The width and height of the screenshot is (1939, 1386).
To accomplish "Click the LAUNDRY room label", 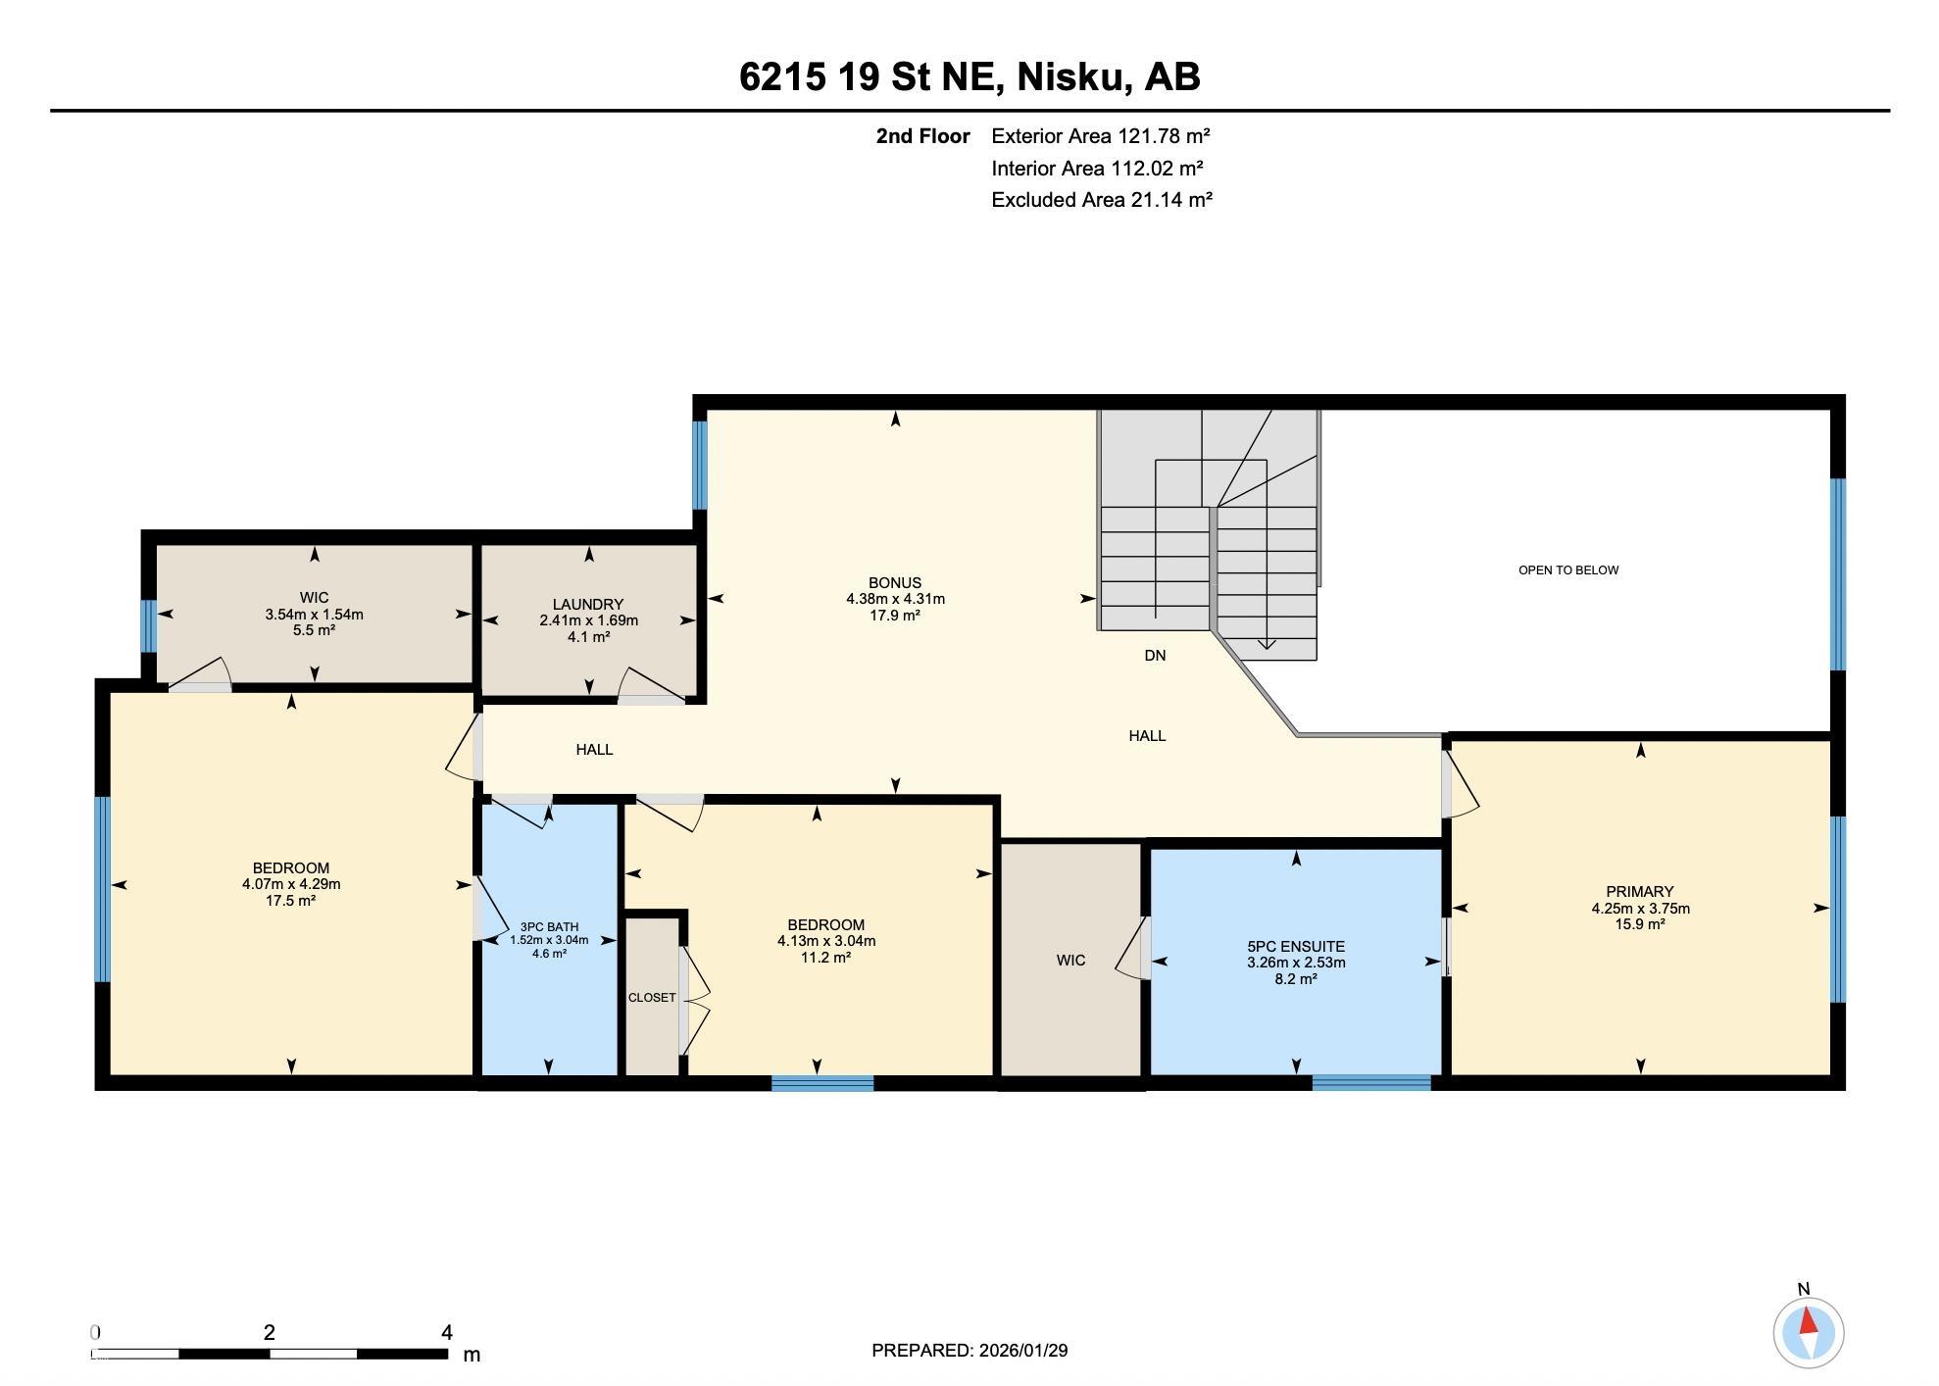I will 588,604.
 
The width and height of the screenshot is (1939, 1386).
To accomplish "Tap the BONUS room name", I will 894,582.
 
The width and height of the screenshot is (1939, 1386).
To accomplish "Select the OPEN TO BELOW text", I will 1567,570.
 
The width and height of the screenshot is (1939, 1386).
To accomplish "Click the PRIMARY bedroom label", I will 1639,891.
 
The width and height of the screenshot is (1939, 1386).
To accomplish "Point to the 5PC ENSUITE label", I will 1295,946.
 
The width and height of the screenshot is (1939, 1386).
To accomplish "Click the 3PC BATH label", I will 549,926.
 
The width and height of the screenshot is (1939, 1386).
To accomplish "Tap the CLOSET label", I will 652,997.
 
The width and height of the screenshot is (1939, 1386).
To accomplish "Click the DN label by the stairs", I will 1155,655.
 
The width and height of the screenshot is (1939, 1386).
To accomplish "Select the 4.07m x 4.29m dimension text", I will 291,884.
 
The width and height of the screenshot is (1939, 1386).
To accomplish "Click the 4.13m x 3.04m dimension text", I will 825,941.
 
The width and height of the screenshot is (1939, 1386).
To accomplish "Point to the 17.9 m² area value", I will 894,616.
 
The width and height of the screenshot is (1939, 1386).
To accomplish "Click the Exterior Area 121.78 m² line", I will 1100,136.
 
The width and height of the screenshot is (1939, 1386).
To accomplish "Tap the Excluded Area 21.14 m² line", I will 1101,200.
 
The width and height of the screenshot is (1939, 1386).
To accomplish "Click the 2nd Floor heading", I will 922,136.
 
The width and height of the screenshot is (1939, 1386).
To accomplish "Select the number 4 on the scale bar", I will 447,1332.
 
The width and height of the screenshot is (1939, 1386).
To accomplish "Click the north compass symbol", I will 1808,1331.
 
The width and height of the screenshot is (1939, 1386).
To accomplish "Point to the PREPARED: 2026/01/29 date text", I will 969,1350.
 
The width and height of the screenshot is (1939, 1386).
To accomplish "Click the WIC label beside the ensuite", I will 1070,961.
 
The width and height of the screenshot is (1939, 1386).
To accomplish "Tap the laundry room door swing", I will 650,685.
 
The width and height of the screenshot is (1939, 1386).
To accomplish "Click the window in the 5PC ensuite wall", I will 1370,1082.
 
